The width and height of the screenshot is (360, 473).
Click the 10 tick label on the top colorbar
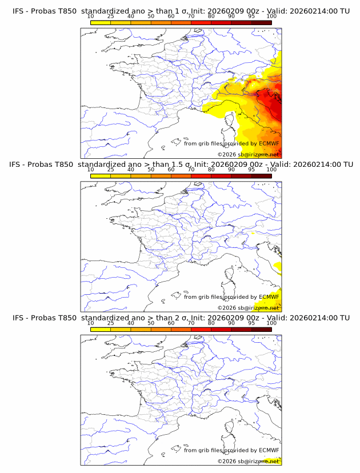tap(91, 16)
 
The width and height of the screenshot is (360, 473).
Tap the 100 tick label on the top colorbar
tap(271, 16)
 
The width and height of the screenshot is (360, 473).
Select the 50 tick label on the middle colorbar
tap(151, 170)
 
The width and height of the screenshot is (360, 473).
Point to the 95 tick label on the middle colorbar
tap(251, 170)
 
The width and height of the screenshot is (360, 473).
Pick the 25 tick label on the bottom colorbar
tap(111, 323)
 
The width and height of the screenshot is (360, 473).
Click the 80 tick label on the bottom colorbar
tap(211, 323)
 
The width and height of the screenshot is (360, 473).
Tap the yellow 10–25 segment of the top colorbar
tap(101, 22)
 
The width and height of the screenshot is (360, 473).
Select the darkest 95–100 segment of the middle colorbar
tap(262, 176)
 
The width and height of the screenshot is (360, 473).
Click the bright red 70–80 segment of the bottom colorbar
tap(201, 330)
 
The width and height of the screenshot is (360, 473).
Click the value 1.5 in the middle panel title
tap(178, 165)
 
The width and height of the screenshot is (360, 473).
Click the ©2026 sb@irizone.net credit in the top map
tap(248, 154)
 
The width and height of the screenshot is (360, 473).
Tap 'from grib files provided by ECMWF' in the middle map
tap(231, 296)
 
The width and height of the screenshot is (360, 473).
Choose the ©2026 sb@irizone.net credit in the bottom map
tap(248, 461)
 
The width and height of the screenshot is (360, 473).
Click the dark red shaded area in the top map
tap(271, 106)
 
